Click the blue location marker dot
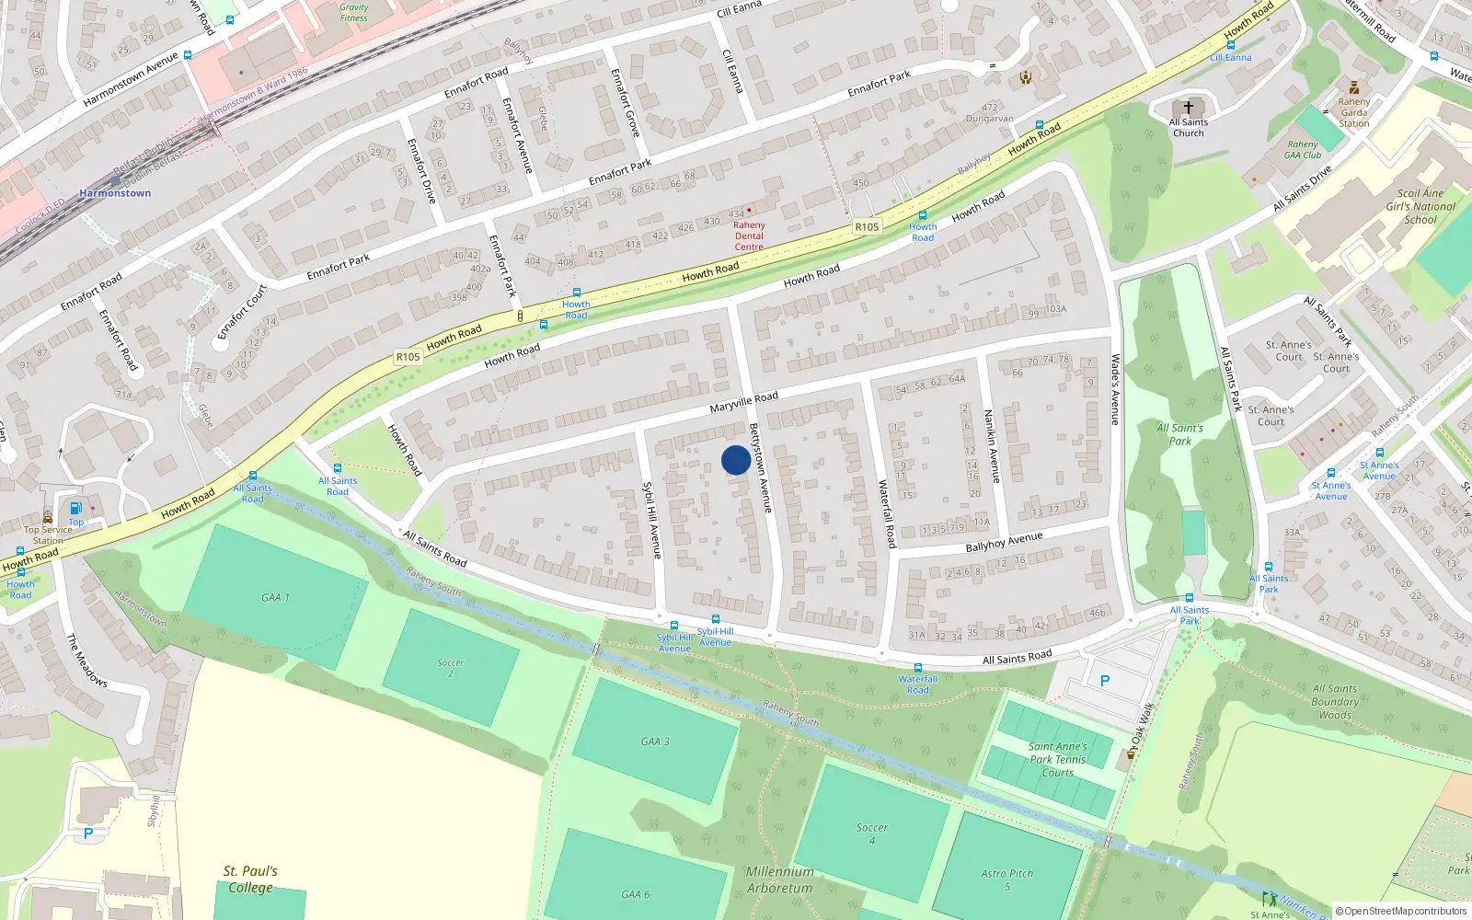pyautogui.click(x=736, y=460)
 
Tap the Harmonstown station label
pyautogui.click(x=115, y=193)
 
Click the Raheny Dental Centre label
pyautogui.click(x=749, y=236)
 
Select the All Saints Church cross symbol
pyautogui.click(x=1189, y=108)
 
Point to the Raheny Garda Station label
pyautogui.click(x=1354, y=113)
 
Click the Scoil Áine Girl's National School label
pyautogui.click(x=1420, y=207)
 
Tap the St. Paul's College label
pyautogui.click(x=250, y=880)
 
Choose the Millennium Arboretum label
pyautogui.click(x=780, y=880)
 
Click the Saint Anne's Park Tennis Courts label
pyautogui.click(x=1058, y=760)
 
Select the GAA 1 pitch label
pyautogui.click(x=275, y=598)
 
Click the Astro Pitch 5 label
pyautogui.click(x=1007, y=880)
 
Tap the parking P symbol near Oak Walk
pyautogui.click(x=1105, y=681)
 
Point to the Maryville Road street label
pyautogui.click(x=743, y=402)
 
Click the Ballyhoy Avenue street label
pyautogui.click(x=1004, y=542)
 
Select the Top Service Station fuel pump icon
pyautogui.click(x=75, y=508)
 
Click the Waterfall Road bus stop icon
pyautogui.click(x=917, y=668)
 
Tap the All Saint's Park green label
pyautogui.click(x=1179, y=434)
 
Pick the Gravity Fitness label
pyautogui.click(x=353, y=12)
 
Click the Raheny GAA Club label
pyautogui.click(x=1304, y=149)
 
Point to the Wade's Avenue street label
pyautogui.click(x=1115, y=389)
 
